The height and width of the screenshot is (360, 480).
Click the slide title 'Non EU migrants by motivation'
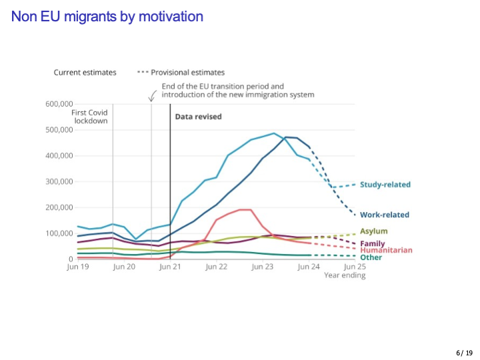point(107,16)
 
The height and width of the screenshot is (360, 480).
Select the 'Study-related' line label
point(385,185)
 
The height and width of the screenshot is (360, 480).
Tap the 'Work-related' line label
point(385,215)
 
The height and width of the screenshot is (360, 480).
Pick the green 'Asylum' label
point(373,231)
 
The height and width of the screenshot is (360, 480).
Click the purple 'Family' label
point(373,243)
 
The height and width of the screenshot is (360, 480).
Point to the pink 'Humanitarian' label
point(386,250)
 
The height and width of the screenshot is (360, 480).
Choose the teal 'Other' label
point(371,257)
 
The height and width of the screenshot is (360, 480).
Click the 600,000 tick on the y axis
point(59,104)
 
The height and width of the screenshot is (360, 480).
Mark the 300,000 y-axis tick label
point(59,181)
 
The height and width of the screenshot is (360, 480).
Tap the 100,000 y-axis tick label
point(59,233)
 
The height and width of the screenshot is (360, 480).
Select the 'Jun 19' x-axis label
point(77,267)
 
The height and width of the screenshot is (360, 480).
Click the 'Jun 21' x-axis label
point(170,267)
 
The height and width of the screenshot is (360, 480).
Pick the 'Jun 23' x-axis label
point(263,267)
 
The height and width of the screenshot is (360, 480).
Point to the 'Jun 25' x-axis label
point(355,267)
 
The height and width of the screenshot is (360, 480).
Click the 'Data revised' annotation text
point(198,117)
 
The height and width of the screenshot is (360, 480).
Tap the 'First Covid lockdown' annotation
point(89,117)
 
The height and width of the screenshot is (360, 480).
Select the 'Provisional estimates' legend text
point(187,72)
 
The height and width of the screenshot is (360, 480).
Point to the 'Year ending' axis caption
point(345,275)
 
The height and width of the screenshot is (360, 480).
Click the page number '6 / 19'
point(464,353)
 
